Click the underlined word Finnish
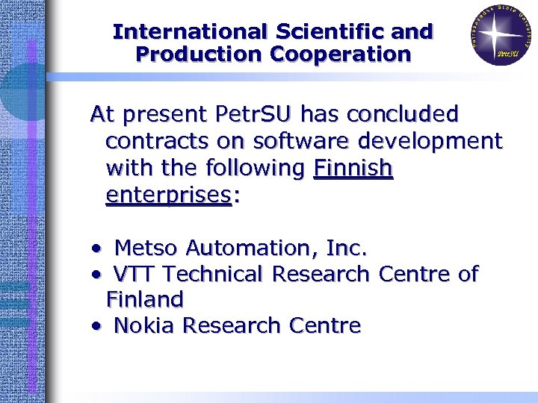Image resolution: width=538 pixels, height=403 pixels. click(x=353, y=168)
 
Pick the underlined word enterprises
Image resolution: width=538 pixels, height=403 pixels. click(x=167, y=195)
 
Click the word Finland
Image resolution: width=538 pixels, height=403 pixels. click(x=145, y=299)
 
